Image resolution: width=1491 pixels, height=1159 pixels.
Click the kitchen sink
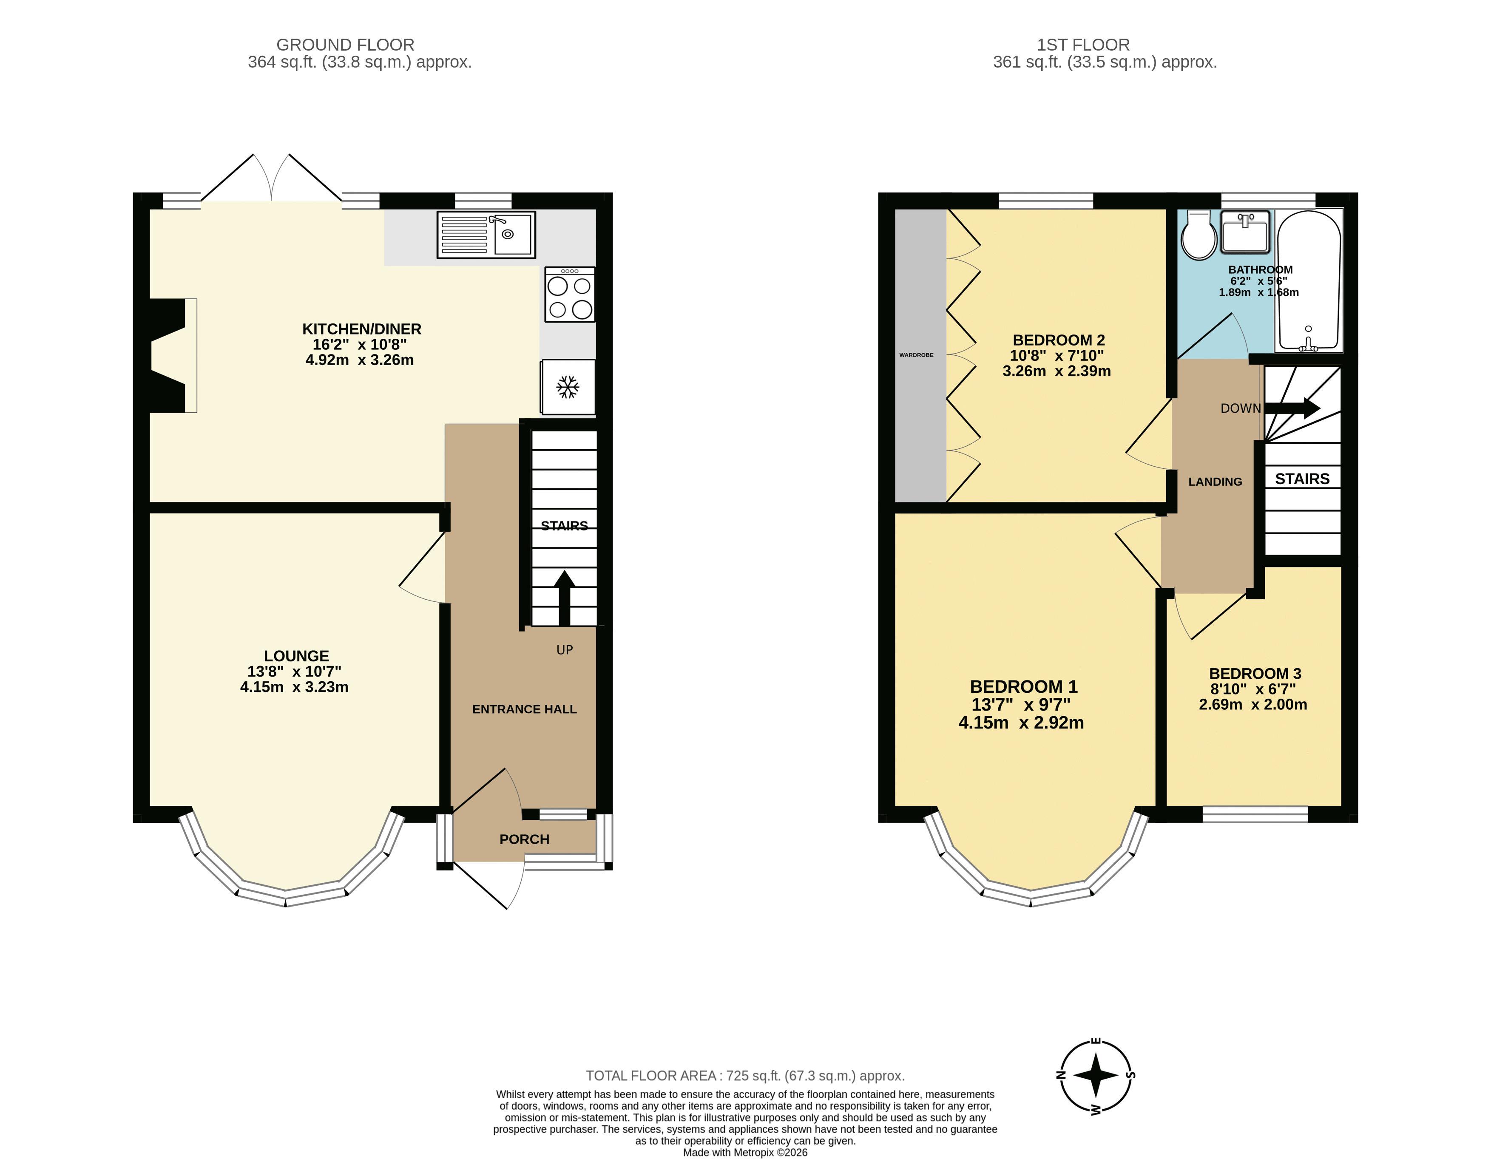point(486,235)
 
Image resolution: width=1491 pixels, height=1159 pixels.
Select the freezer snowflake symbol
point(567,387)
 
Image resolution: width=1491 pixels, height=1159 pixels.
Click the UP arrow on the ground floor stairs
point(564,598)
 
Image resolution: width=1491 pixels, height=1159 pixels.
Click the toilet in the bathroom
point(1199,235)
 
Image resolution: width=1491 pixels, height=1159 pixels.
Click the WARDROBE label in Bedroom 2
point(916,355)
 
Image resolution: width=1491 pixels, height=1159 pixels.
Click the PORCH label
point(524,839)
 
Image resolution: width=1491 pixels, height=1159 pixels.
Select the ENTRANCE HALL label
point(524,709)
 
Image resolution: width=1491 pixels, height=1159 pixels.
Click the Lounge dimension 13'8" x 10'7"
point(294,672)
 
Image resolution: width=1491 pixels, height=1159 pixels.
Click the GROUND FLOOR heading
point(346,45)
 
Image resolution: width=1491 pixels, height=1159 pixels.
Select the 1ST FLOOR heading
point(1083,45)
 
